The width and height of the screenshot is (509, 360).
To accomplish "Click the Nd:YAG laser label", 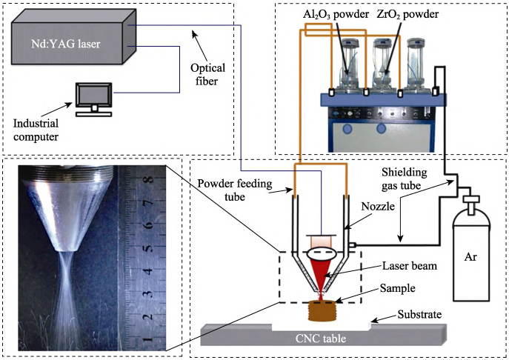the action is click(66, 44).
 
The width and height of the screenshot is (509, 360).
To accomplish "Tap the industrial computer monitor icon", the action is click(94, 99).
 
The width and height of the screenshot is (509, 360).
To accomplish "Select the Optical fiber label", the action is click(207, 74).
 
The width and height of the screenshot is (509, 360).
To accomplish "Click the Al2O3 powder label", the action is click(336, 14).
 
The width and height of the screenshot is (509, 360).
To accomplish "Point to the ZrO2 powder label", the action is click(407, 14).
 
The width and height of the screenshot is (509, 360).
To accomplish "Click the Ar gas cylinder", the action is click(471, 248).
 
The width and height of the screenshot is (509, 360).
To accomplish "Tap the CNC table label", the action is click(321, 339).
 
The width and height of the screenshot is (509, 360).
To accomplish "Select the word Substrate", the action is click(419, 314).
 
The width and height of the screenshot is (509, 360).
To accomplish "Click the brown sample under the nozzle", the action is click(321, 310).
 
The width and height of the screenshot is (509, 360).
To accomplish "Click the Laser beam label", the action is click(409, 266).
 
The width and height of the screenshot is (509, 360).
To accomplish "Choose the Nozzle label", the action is click(378, 206).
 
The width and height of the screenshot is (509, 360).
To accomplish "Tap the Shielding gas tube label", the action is click(404, 179).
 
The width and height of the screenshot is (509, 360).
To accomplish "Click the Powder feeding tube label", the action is click(235, 190).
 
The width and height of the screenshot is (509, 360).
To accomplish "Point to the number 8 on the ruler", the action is click(150, 179).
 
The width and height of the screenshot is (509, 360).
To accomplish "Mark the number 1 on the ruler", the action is click(148, 340).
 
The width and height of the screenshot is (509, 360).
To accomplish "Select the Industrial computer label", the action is click(36, 130).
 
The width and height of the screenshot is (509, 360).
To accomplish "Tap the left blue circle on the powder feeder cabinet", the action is click(347, 129).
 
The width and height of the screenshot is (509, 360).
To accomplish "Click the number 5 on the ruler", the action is click(149, 248).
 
